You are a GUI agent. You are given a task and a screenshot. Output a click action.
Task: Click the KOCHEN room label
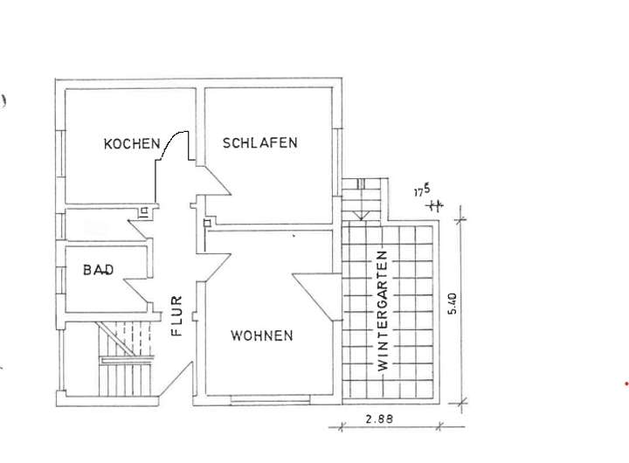point(131,143)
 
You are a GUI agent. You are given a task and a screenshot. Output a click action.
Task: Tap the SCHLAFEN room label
point(260,142)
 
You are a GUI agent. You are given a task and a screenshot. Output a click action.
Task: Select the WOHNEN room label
point(262,335)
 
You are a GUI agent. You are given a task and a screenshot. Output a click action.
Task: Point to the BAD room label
point(99,270)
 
